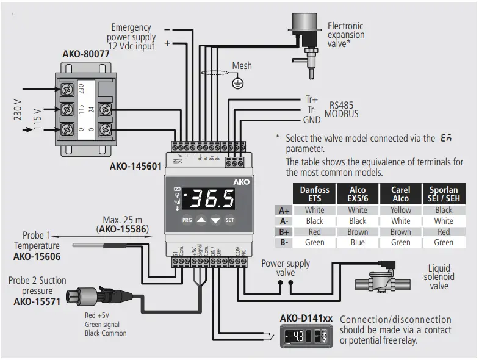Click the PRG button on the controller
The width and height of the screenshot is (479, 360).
187,220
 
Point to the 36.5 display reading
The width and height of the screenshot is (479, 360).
211,199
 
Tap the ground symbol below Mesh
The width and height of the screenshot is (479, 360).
239,84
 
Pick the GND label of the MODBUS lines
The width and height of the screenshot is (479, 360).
312,120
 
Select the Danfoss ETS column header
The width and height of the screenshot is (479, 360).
314,194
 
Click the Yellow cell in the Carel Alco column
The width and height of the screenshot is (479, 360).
400,210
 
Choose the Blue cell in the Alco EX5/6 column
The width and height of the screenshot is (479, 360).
358,242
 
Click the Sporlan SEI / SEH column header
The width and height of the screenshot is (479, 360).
444,194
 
